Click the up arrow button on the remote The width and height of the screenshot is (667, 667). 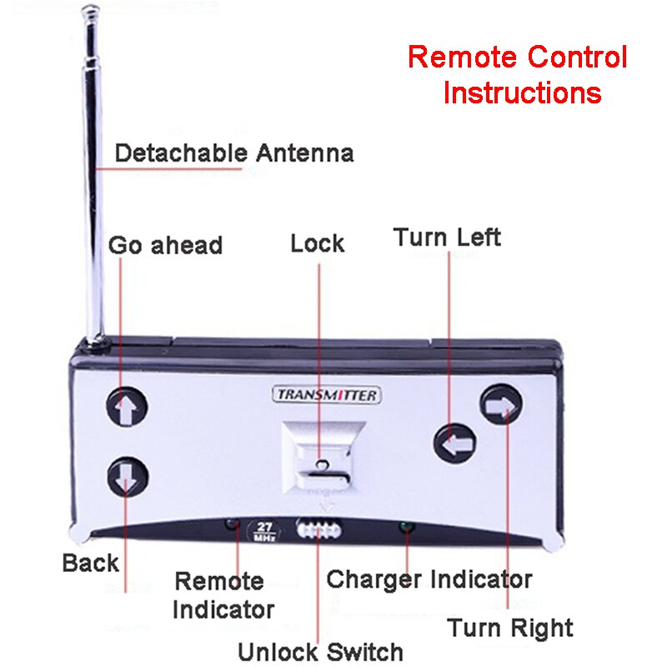127,407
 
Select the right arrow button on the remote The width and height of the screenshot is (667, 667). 500,406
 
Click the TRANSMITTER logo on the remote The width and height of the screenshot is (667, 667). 326,395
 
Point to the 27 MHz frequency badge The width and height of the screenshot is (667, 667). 264,529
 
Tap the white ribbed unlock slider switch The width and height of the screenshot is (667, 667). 319,530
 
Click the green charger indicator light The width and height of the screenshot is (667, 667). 405,527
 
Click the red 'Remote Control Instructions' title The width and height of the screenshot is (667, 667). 518,75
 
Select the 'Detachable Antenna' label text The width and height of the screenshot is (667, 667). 234,153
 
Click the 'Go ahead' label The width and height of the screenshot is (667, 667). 166,245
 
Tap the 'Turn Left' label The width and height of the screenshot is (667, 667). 447,237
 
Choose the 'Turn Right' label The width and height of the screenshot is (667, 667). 510,627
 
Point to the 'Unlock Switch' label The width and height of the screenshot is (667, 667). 321,651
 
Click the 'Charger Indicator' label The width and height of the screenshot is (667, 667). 429,579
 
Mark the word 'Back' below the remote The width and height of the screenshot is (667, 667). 90,563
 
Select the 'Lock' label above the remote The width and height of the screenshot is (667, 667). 317,243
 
